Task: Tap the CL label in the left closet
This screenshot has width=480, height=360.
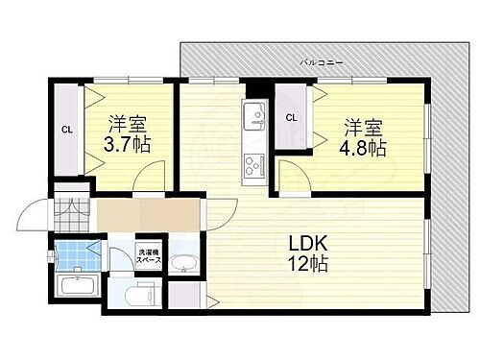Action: pyautogui.click(x=67, y=129)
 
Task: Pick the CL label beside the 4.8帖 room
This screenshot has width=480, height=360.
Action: pyautogui.click(x=290, y=118)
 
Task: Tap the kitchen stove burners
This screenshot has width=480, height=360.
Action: pyautogui.click(x=254, y=163)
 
